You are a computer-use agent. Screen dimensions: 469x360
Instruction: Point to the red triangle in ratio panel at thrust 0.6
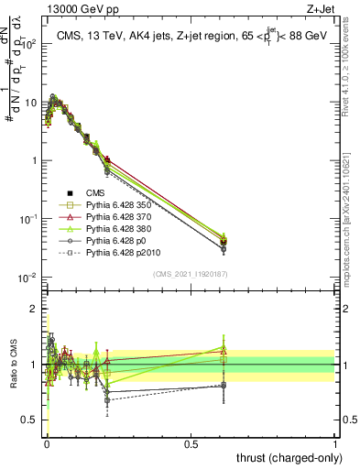(x=224, y=352)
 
